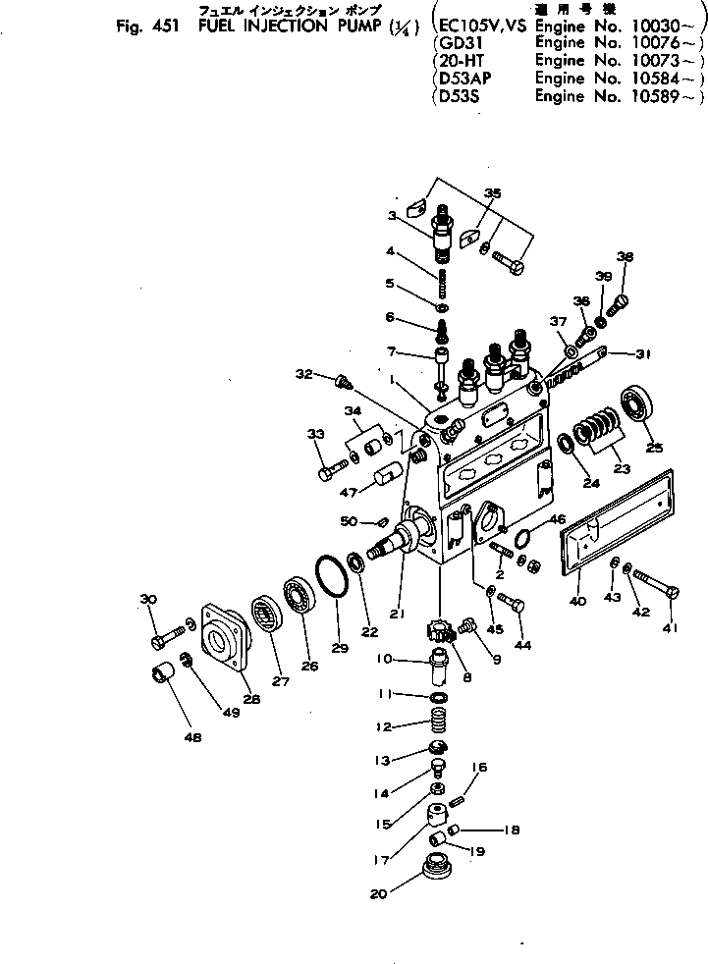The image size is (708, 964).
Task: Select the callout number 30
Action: (x=148, y=601)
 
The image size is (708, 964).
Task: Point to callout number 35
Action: (x=492, y=193)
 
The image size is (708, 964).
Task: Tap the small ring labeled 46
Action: (x=525, y=535)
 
